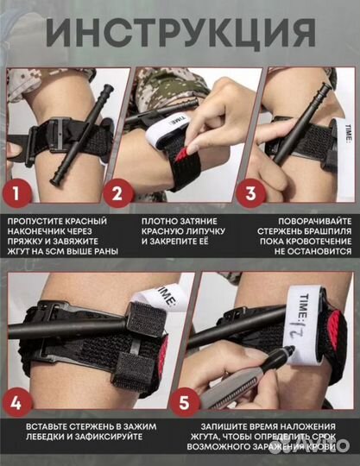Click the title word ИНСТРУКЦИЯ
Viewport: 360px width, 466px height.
pyautogui.click(x=180, y=33)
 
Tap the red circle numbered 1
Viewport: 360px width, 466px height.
pyautogui.click(x=16, y=193)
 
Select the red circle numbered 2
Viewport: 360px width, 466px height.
pyautogui.click(x=117, y=193)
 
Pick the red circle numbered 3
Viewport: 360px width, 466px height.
pyautogui.click(x=250, y=193)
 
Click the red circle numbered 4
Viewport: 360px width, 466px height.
pyautogui.click(x=16, y=403)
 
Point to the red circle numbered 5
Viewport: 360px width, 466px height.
pyautogui.click(x=184, y=403)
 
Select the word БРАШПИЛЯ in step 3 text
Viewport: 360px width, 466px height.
pyautogui.click(x=326, y=231)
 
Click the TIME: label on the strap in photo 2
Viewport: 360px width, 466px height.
pyautogui.click(x=179, y=119)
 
